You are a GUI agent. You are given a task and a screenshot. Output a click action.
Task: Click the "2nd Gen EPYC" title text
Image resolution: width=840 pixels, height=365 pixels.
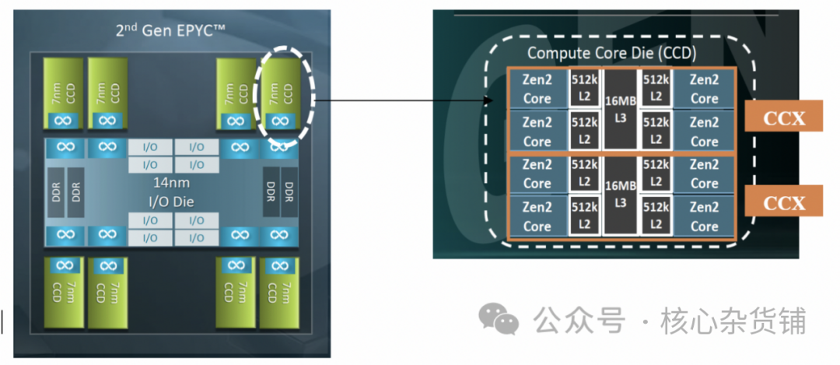click(x=170, y=31)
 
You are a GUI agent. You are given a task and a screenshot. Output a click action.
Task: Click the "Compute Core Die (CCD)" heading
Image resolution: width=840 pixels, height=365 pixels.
click(x=612, y=53)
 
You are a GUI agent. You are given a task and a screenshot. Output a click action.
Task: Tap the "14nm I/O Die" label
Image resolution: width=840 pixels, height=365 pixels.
click(x=171, y=193)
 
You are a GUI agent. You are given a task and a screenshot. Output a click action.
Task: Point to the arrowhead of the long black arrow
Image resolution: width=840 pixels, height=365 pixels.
click(x=487, y=100)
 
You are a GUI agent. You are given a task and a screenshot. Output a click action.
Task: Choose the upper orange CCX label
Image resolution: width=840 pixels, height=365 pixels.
click(x=783, y=116)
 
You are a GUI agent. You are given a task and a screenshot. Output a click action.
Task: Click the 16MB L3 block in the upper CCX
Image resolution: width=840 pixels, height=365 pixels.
click(x=621, y=109)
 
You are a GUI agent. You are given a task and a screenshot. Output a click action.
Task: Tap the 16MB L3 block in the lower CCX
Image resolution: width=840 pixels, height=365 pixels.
click(x=621, y=195)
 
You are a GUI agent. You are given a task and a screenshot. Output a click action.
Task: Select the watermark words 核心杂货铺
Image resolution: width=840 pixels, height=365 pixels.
click(x=733, y=321)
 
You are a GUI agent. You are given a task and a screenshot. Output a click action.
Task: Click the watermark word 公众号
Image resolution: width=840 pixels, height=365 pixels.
click(x=579, y=321)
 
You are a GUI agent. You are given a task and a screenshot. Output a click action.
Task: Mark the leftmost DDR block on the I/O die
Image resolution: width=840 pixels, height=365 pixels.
click(x=56, y=192)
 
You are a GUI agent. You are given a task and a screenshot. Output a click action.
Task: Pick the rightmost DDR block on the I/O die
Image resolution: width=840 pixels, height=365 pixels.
click(x=289, y=192)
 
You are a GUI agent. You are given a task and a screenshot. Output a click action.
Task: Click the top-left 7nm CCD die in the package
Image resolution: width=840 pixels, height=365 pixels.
click(x=64, y=94)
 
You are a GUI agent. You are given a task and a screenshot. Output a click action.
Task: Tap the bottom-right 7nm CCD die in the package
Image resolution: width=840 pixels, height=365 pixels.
click(x=279, y=292)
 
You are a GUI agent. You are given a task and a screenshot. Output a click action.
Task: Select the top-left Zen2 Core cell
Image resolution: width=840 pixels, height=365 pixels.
click(x=537, y=89)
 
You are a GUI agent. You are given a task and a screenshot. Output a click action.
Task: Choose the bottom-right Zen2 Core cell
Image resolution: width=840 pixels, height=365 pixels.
click(x=704, y=216)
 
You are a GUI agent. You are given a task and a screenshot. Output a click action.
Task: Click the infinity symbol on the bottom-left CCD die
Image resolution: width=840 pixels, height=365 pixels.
click(x=65, y=265)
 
